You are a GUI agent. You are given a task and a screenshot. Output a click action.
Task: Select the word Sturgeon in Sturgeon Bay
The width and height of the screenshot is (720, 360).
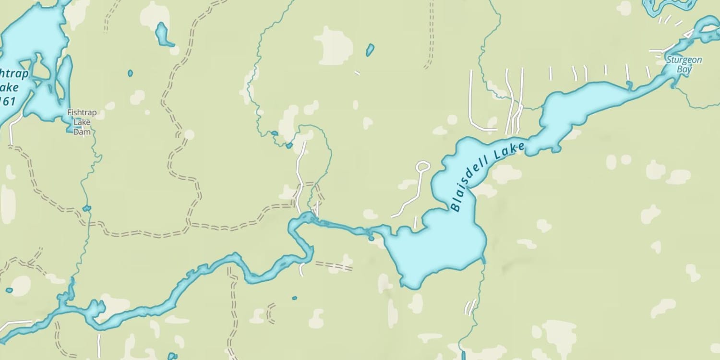684,60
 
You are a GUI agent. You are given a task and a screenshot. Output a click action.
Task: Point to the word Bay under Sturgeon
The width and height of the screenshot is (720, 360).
684,70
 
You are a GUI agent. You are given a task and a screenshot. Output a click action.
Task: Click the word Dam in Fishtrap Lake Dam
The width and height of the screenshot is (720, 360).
82,132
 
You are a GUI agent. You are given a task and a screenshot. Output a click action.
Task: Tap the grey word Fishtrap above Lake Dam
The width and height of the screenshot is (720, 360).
82,113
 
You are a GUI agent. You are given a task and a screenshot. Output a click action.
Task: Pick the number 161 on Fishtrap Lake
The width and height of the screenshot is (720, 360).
7,101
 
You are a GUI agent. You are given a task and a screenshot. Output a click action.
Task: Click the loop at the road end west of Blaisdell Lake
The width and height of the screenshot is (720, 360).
423,167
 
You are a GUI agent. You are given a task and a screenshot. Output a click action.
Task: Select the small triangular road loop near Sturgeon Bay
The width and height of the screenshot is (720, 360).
688,34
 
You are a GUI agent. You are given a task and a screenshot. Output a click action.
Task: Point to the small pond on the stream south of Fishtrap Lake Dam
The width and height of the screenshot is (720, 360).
86,208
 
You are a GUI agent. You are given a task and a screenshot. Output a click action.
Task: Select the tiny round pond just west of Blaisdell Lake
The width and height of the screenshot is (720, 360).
371,238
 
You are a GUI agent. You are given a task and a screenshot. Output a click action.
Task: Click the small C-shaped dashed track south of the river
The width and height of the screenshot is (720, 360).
270,313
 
